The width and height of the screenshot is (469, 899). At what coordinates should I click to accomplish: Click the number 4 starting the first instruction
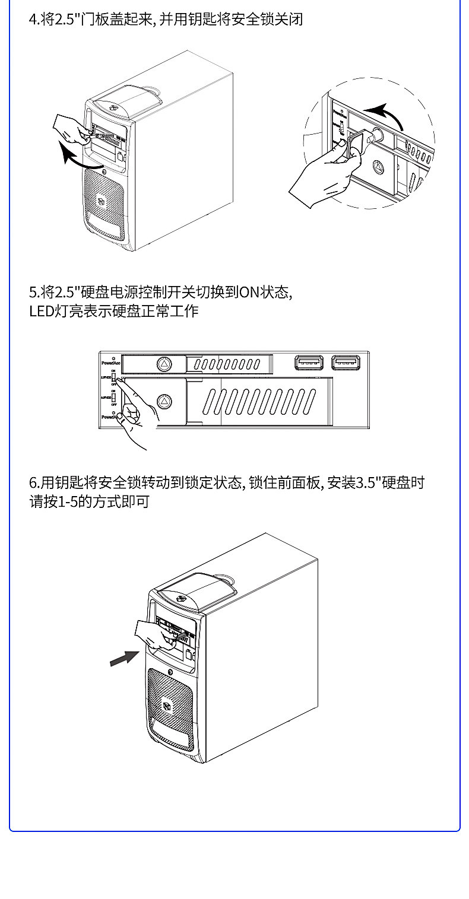click(33, 20)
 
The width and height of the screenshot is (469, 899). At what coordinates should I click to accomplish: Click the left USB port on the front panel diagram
click(309, 362)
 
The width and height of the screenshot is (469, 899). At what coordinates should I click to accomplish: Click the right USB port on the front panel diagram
click(346, 362)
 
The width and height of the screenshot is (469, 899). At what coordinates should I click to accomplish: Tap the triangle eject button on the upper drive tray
click(164, 363)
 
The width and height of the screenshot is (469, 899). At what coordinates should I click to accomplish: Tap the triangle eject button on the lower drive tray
click(164, 401)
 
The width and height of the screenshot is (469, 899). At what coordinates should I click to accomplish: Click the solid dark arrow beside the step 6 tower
click(125, 657)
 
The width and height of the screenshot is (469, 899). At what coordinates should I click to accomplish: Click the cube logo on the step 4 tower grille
click(102, 201)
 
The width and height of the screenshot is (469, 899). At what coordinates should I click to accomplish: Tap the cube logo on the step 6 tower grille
click(167, 705)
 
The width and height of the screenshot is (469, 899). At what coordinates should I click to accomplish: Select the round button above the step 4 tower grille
click(104, 171)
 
